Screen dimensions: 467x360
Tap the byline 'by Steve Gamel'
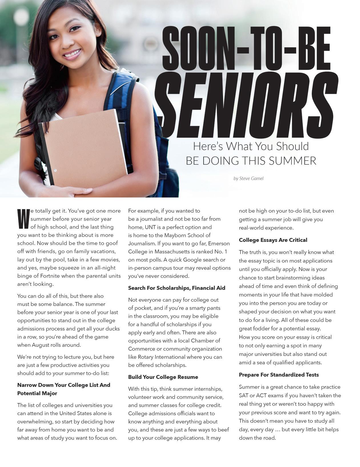[248, 178]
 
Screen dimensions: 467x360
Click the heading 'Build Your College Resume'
[163, 377]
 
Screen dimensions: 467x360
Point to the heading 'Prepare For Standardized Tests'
[279, 375]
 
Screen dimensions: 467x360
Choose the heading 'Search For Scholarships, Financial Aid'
[176, 288]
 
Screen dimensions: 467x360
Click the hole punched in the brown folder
[55, 170]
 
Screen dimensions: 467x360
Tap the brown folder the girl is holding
[86, 148]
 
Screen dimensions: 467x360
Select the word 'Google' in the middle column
[192, 260]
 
